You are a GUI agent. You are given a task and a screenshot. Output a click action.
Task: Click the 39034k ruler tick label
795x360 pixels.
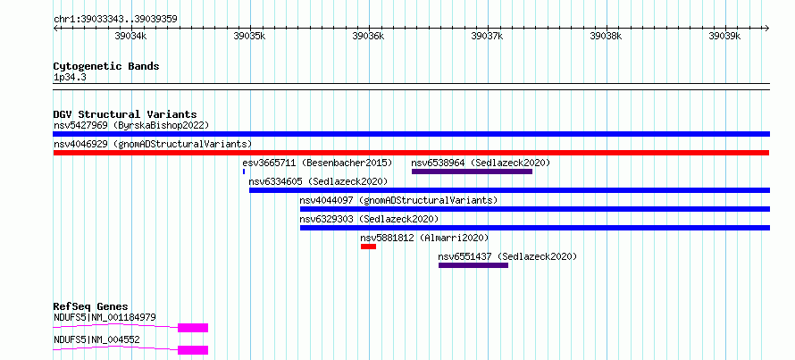click(x=131, y=36)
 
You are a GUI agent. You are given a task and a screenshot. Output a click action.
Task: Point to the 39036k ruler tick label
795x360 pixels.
click(x=369, y=36)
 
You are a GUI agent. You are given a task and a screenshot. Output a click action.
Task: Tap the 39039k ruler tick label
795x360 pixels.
click(x=725, y=36)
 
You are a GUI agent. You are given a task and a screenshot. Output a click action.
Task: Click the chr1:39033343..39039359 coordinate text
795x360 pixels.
click(x=115, y=19)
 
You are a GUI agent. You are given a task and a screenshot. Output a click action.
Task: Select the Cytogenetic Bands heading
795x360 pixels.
click(x=106, y=66)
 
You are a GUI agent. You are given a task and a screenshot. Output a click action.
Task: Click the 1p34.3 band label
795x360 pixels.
click(x=69, y=78)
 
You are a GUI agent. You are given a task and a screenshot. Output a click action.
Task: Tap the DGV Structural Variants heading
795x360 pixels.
click(x=125, y=114)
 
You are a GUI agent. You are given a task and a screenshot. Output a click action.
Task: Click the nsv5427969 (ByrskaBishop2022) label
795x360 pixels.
click(x=131, y=125)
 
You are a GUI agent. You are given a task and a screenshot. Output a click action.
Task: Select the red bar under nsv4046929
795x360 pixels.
click(x=411, y=153)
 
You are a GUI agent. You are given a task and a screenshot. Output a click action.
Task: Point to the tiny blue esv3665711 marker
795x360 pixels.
click(x=244, y=172)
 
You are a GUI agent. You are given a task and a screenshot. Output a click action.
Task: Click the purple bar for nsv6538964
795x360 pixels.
click(x=472, y=172)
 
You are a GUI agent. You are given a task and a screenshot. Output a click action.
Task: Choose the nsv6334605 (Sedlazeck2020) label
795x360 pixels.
click(x=318, y=181)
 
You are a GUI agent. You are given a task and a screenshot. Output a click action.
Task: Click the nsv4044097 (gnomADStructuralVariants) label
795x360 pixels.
click(x=398, y=200)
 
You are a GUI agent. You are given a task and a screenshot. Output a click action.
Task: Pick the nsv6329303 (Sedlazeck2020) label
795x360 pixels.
click(x=369, y=219)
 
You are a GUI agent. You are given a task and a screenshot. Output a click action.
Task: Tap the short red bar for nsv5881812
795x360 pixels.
click(x=369, y=247)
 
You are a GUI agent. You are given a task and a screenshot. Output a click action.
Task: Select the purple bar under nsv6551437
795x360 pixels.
click(x=473, y=265)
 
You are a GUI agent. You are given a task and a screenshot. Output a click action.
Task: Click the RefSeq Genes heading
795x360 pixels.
click(x=91, y=306)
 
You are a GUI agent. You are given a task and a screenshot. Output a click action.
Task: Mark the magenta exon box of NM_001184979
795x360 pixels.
click(x=193, y=328)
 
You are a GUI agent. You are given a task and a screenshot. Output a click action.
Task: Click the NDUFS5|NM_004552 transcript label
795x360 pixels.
click(x=96, y=340)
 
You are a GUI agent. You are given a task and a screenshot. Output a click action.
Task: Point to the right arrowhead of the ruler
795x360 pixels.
click(x=767, y=29)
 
